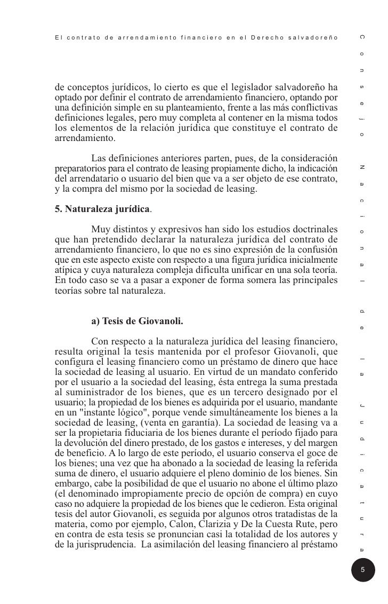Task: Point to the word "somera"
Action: pyautogui.click(x=240, y=279)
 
